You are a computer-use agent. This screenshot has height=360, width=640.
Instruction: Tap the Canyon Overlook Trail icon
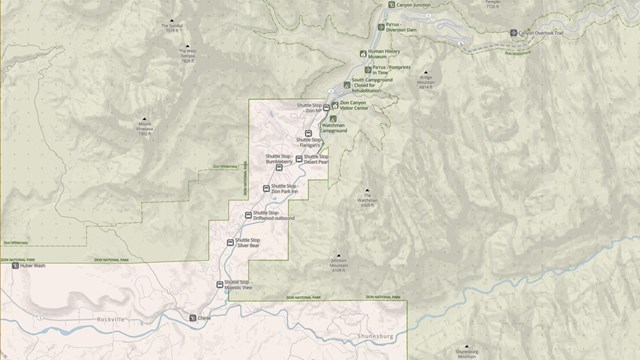click(516, 32)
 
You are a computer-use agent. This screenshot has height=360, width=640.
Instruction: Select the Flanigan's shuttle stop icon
click(307, 134)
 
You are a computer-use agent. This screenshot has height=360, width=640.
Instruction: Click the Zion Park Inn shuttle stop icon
click(266, 188)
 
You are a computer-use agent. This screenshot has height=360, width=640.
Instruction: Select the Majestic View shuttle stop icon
click(221, 284)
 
